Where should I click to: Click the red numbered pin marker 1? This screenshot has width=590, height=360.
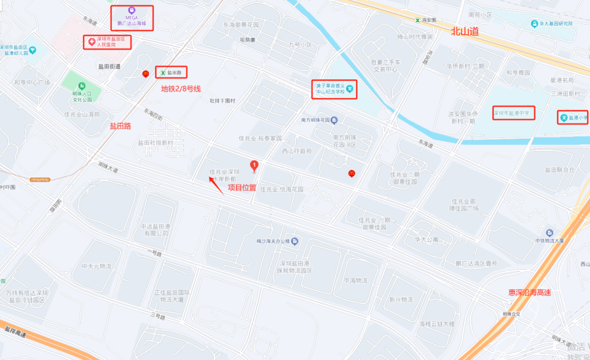pyautogui.click(x=254, y=165)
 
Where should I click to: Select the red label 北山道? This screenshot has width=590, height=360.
pyautogui.click(x=464, y=31)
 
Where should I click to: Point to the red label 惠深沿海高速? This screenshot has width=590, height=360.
pyautogui.click(x=529, y=292)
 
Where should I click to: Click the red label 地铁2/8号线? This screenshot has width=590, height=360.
pyautogui.click(x=181, y=88)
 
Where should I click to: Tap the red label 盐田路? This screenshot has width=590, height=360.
pyautogui.click(x=120, y=126)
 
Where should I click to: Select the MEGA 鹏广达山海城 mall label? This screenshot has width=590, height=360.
pyautogui.click(x=132, y=17)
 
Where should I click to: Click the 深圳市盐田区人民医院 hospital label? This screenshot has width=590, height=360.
pyautogui.click(x=108, y=42)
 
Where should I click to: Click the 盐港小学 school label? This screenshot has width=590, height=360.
pyautogui.click(x=573, y=117)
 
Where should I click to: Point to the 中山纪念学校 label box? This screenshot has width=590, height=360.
pyautogui.click(x=334, y=89)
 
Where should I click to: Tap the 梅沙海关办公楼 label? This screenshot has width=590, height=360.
pyautogui.click(x=277, y=241)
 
